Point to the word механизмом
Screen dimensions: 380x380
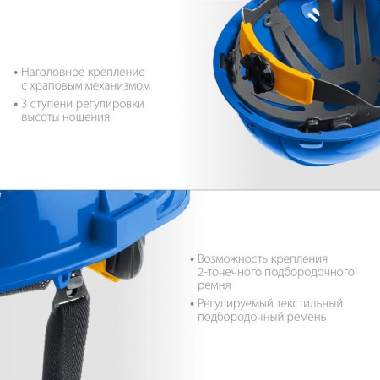coord(117,85)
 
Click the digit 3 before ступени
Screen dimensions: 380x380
coord(24,104)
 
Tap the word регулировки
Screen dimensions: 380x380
coord(110,105)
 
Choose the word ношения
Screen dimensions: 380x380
coord(86,117)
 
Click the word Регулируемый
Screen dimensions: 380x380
coord(236,304)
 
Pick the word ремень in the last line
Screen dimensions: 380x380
coord(307,318)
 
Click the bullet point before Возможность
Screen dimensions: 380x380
coord(193,259)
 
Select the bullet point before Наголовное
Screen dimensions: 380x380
coord(16,73)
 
